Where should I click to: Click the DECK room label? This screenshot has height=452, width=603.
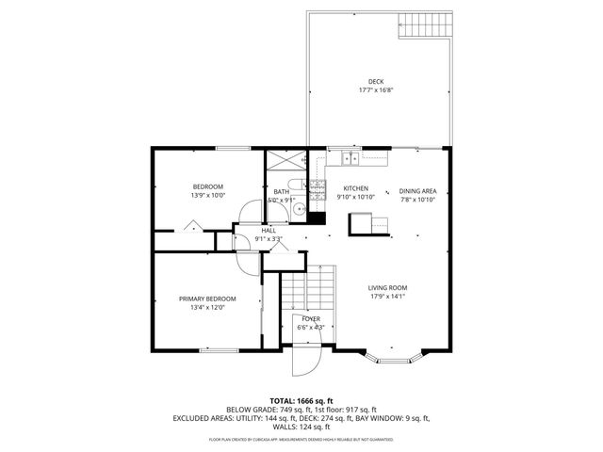pos(375,82)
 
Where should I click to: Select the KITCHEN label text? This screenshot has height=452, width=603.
pos(355,188)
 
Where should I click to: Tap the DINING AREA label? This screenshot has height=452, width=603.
pos(417,188)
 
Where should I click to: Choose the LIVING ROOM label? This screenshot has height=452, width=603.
pos(387,288)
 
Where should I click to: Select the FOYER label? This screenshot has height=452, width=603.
pos(310,319)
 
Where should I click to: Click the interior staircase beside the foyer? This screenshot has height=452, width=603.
pos(309,286)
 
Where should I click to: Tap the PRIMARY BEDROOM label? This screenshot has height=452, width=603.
pos(207,299)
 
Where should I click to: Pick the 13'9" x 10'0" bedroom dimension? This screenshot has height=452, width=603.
pos(207,196)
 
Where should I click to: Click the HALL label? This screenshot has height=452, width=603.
pos(269,230)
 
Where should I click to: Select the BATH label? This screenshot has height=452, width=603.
pos(281,191)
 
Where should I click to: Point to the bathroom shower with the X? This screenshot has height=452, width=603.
pos(282,161)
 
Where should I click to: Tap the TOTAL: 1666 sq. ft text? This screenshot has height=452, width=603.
pos(301,400)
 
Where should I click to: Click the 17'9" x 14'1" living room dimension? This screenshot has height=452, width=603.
pos(387,297)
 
